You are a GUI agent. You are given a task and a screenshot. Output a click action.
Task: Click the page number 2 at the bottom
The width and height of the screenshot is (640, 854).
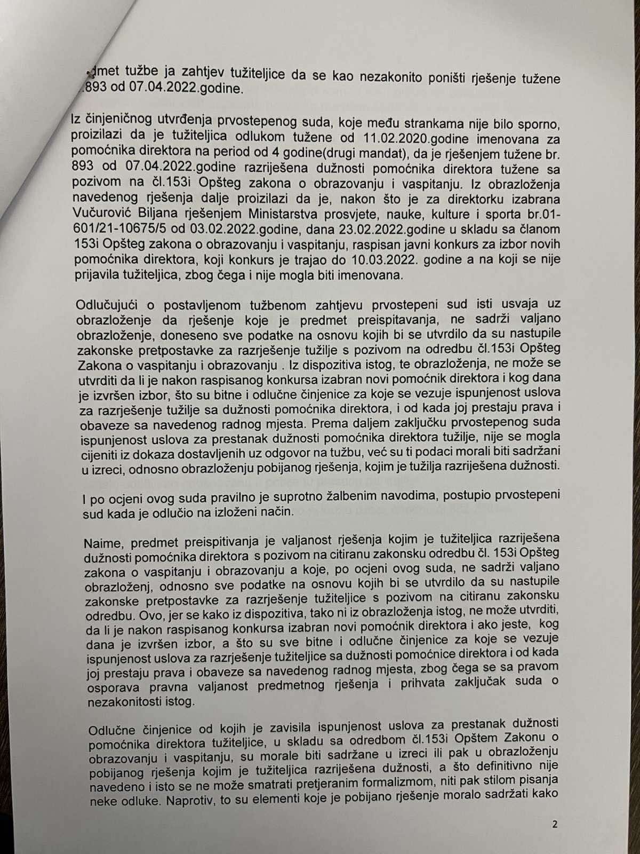[555, 824]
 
